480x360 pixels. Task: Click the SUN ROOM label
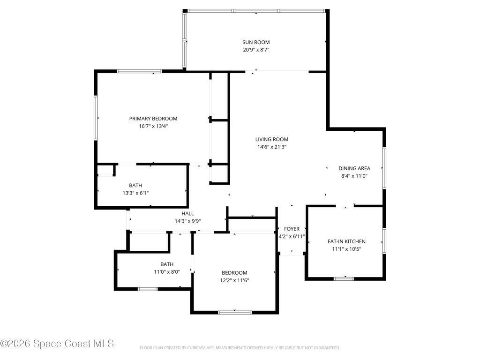256,42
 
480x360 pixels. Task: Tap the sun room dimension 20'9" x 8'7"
256,50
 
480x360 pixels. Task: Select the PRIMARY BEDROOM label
153,119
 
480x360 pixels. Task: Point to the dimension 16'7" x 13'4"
153,126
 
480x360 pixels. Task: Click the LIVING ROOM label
272,139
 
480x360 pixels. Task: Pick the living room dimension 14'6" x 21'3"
272,147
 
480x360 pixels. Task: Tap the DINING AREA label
354,168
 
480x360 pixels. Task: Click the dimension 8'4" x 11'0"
354,176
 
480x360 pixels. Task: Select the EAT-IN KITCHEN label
346,241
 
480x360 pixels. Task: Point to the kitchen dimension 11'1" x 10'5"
346,249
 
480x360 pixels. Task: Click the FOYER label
292,229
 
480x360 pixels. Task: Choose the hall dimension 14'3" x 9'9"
187,221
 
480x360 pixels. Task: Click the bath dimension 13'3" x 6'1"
135,193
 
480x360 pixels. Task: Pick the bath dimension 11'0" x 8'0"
167,271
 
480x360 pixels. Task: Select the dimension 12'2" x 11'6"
234,280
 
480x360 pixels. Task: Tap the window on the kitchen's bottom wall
344,279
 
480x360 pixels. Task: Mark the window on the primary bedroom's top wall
139,71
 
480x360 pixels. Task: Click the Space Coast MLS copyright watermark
57,344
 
